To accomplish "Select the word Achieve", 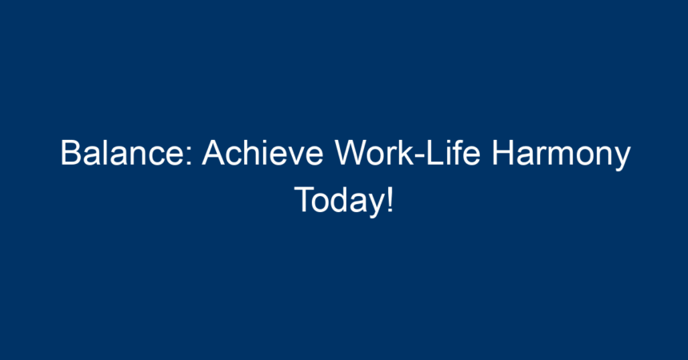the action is coord(262,152).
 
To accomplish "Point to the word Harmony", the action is coord(561,154).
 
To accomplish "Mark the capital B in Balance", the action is coord(71,152).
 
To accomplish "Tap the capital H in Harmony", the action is coord(502,152).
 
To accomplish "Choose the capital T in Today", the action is coord(305,199).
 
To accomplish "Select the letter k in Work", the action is coord(406,152).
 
